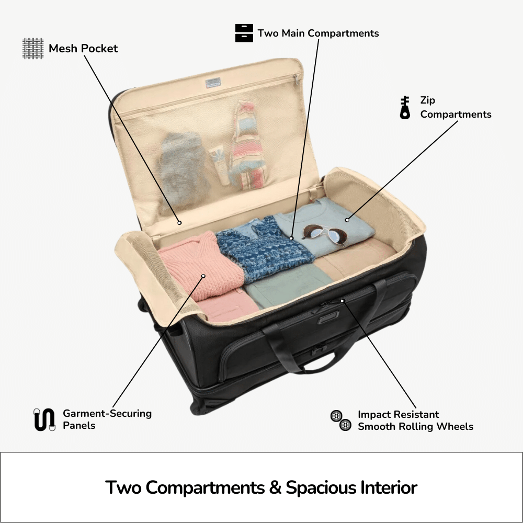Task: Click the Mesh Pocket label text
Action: (x=83, y=48)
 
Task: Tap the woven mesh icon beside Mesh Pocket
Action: (x=32, y=48)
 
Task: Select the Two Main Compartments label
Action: (x=318, y=33)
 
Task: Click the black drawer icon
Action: (x=244, y=33)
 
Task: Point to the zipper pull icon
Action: (x=405, y=107)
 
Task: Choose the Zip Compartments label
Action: (x=456, y=107)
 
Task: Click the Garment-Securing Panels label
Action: (x=107, y=419)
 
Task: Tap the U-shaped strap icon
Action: (x=44, y=419)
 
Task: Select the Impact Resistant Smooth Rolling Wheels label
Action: (x=415, y=420)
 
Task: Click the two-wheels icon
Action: (x=341, y=420)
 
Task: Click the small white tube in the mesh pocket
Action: (x=221, y=166)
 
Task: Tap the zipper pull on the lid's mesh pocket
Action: (x=295, y=80)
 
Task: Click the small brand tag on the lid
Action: (x=213, y=83)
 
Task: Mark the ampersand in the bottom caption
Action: (x=275, y=487)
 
